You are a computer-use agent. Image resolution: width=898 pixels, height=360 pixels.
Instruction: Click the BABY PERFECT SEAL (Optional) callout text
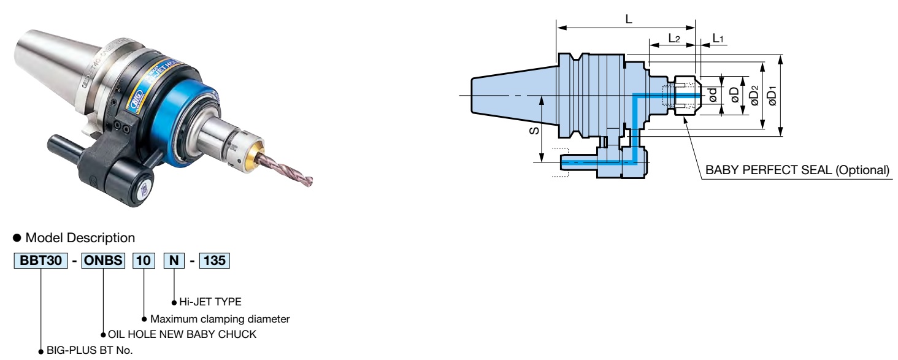(x=797, y=170)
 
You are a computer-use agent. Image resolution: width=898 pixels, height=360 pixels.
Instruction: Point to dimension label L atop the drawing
(x=628, y=19)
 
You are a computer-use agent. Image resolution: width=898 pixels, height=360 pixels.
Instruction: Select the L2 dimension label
(x=673, y=38)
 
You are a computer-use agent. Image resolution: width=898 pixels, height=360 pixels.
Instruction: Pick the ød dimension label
(x=712, y=96)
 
